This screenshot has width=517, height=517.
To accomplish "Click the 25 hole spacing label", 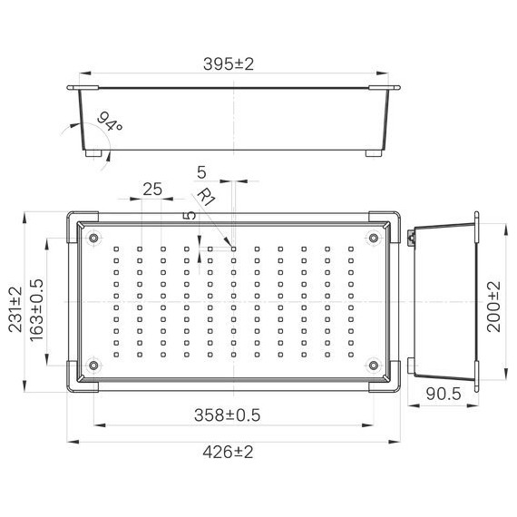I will [151, 189].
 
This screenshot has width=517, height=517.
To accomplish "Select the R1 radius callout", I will [206, 197].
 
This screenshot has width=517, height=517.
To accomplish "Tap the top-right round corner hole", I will [374, 239].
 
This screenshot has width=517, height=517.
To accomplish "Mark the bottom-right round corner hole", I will [374, 366].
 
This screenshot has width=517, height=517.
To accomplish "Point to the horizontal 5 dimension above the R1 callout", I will [200, 171].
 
